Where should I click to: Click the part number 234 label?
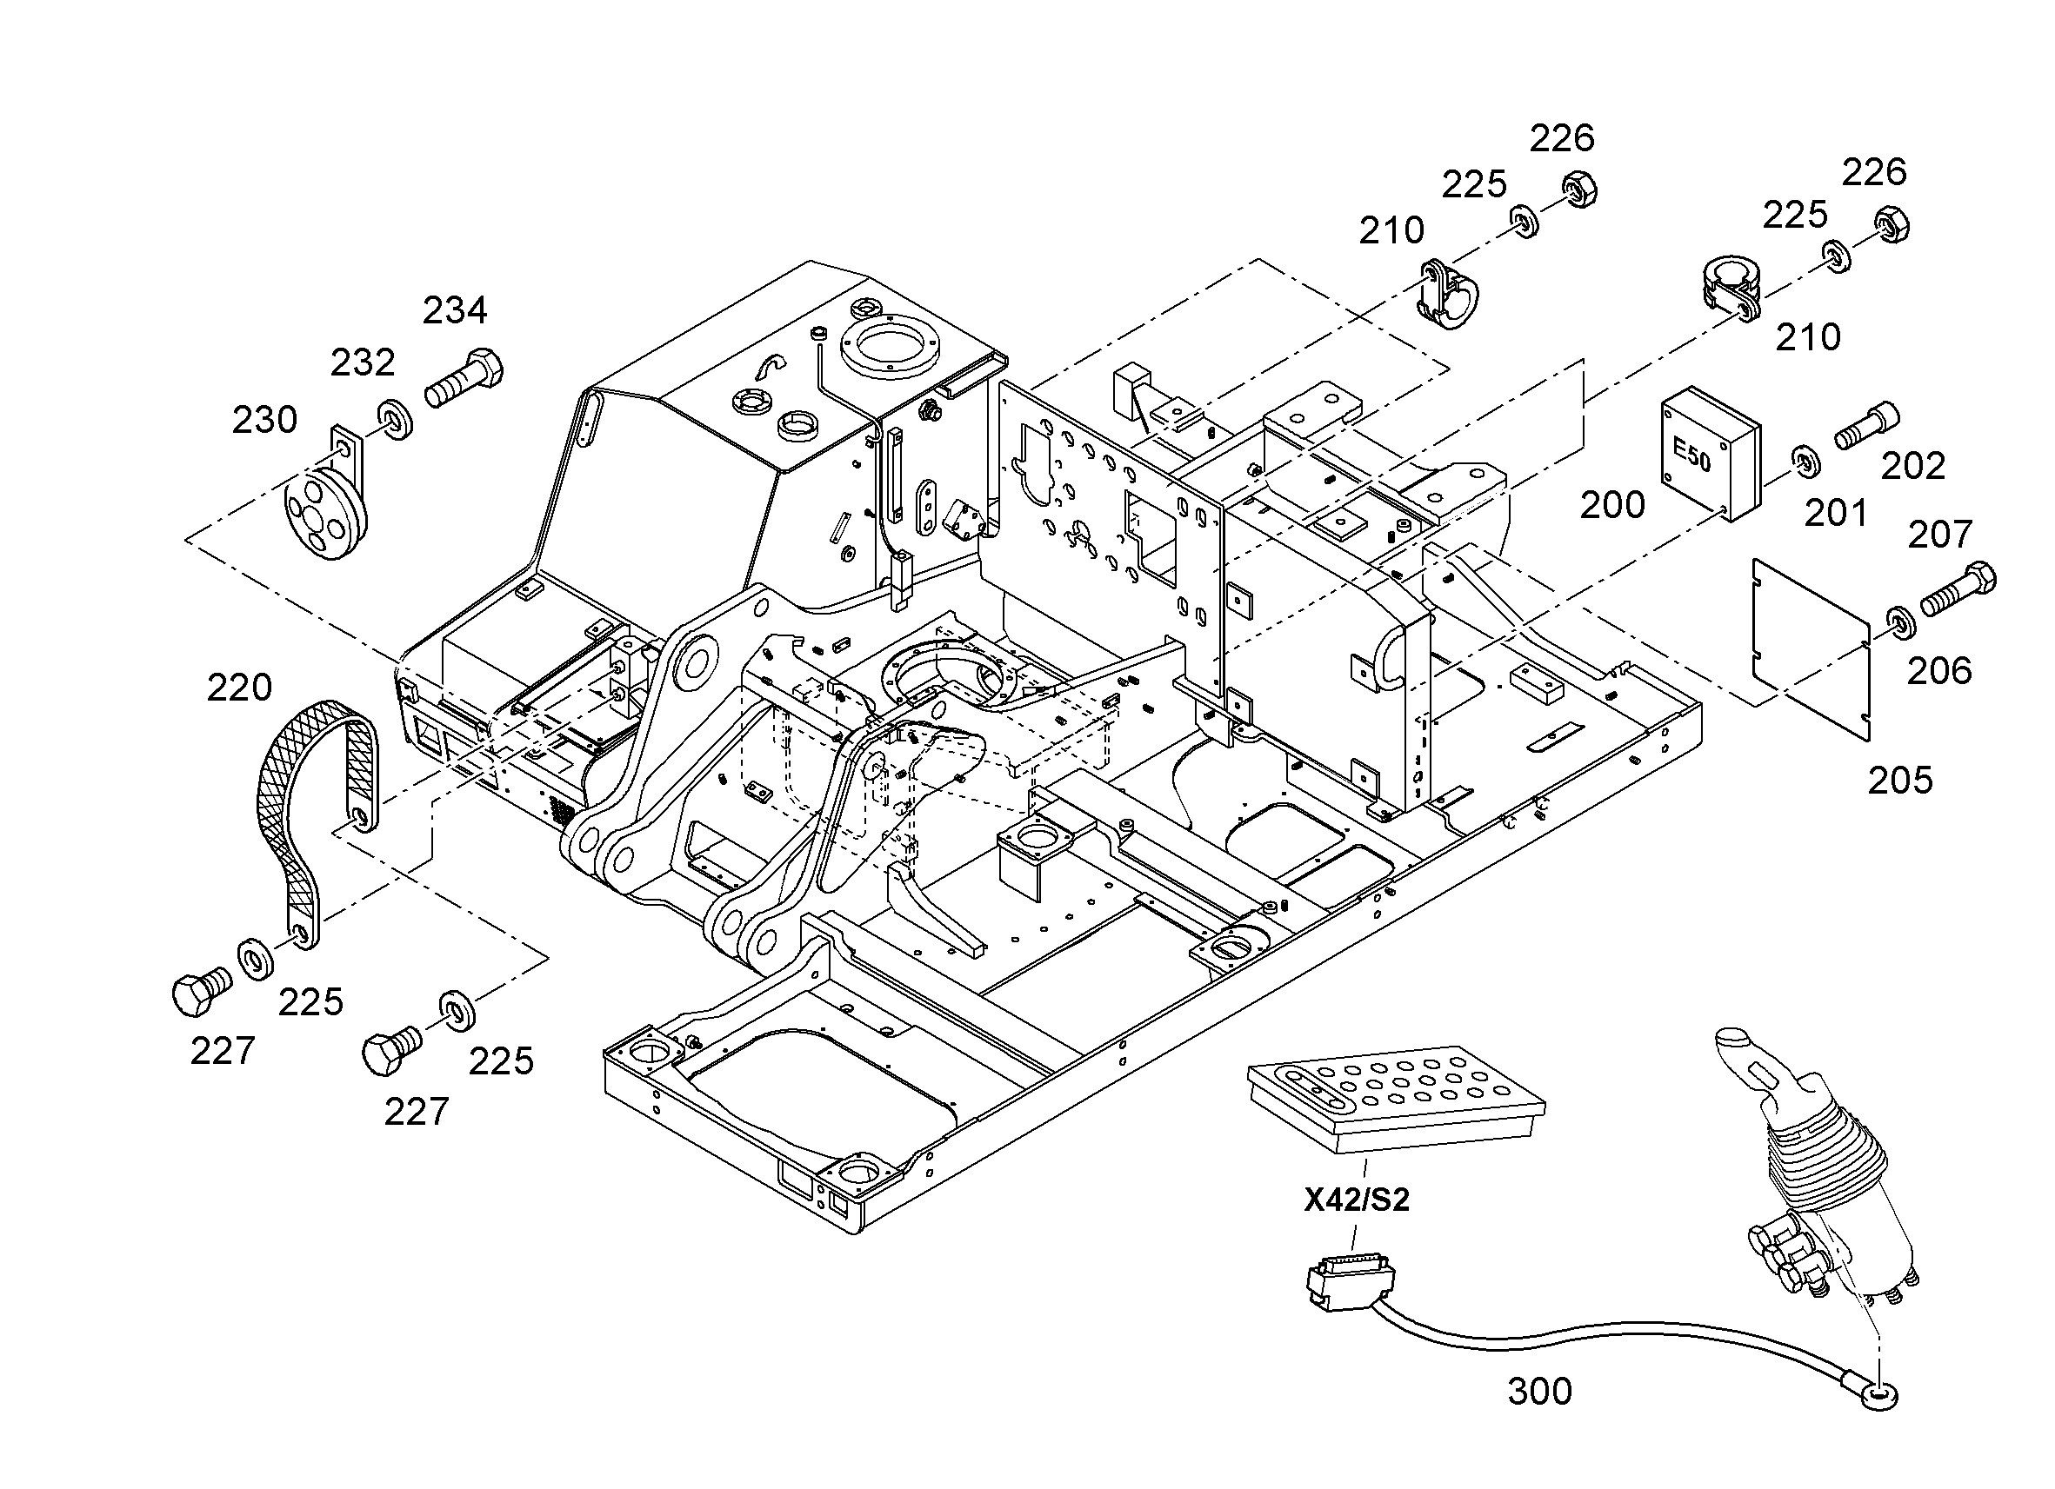(455, 310)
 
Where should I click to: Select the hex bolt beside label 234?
(464, 378)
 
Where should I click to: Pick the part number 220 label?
(239, 688)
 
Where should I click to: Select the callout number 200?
(1612, 505)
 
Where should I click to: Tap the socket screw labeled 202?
(1866, 425)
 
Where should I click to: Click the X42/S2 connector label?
(1357, 1200)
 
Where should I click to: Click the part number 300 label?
(1539, 1391)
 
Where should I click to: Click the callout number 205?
(1900, 780)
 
